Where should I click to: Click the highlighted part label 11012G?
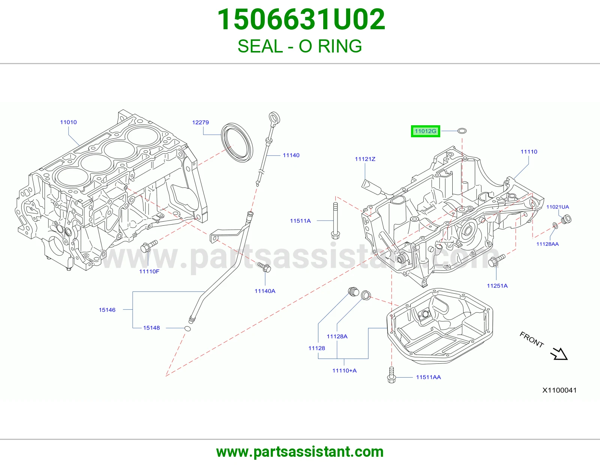[x=425, y=131]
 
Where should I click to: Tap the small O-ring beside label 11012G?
[x=462, y=130]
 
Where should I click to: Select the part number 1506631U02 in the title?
[x=301, y=19]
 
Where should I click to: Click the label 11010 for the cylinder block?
[x=69, y=122]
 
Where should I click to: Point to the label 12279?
[x=201, y=122]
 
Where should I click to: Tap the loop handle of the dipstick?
[x=275, y=118]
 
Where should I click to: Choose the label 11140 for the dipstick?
[x=291, y=155]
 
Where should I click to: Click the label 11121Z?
[x=365, y=159]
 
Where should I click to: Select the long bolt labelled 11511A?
[x=335, y=221]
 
